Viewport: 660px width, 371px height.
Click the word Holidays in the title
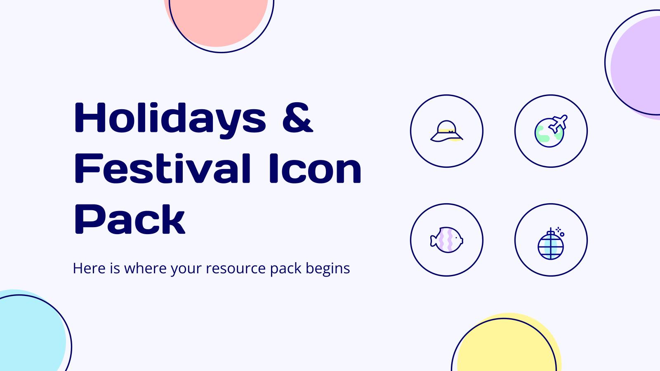pyautogui.click(x=170, y=119)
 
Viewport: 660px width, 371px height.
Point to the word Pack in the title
pyautogui.click(x=130, y=219)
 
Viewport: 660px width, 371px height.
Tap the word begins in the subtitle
pyautogui.click(x=328, y=269)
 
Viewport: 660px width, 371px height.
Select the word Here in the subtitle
pyautogui.click(x=89, y=268)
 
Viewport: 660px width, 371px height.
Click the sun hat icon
pyautogui.click(x=447, y=131)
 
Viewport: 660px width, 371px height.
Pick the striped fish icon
pyautogui.click(x=447, y=240)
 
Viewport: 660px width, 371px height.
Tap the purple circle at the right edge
pyautogui.click(x=637, y=66)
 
